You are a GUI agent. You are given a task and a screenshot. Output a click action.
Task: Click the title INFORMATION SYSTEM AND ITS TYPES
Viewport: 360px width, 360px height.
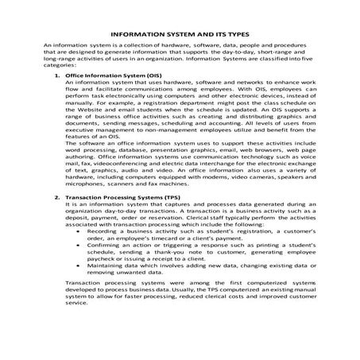180,36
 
